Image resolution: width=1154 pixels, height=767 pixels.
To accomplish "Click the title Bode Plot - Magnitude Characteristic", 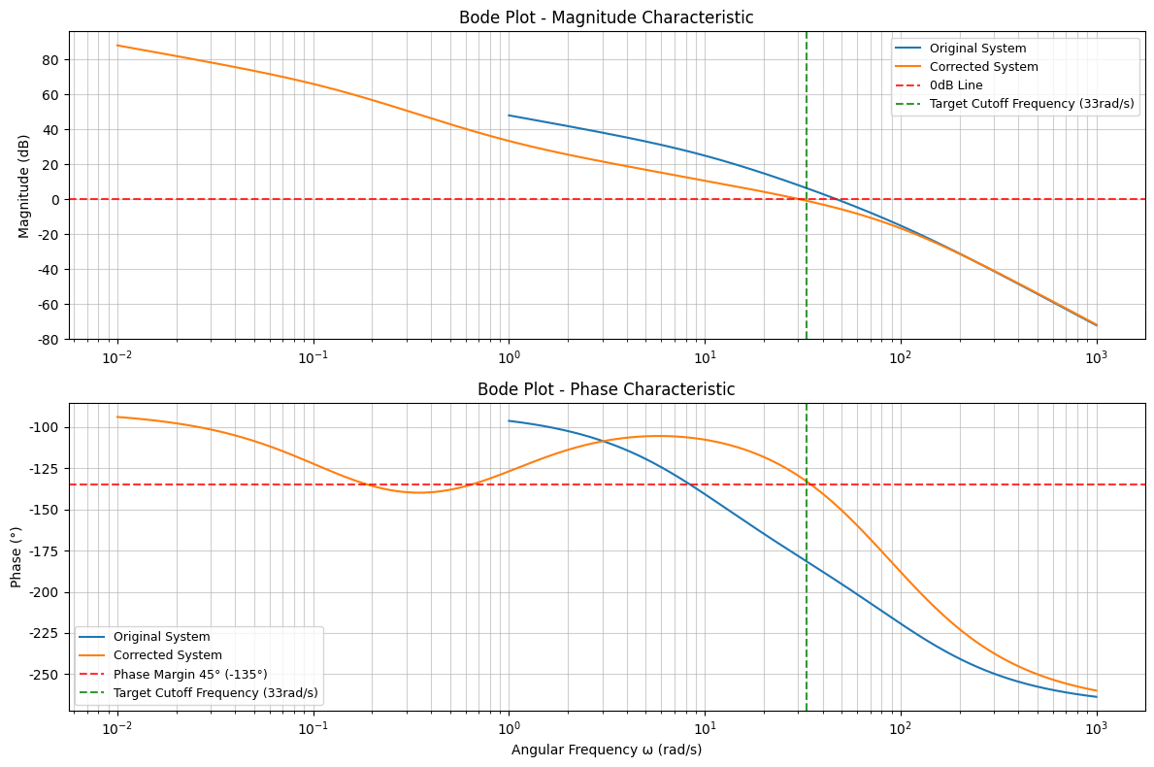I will (x=606, y=17).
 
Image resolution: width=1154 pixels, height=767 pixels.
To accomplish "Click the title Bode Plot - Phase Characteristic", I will (x=606, y=389).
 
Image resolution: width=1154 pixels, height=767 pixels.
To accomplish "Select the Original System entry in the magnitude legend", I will (x=977, y=49).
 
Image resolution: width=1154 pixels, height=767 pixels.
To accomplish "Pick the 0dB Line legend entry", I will (x=956, y=85).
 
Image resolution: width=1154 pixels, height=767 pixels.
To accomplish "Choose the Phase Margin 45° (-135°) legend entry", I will (x=190, y=674).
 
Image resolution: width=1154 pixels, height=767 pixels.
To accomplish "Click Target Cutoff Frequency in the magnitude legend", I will (x=1032, y=104).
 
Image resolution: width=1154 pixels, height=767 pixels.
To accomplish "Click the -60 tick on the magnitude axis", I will (x=48, y=305).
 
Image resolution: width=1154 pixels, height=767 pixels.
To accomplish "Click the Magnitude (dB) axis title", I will (x=24, y=185).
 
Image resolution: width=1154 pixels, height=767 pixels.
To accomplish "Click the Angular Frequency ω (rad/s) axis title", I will (x=606, y=750).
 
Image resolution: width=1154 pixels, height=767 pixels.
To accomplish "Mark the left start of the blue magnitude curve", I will (x=509, y=116).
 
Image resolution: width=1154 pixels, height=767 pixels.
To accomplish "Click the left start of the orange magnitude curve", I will (x=117, y=46).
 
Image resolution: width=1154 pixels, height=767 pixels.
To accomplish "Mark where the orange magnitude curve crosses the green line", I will (x=807, y=200).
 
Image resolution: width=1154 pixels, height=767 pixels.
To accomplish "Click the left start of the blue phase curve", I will (x=509, y=420).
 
